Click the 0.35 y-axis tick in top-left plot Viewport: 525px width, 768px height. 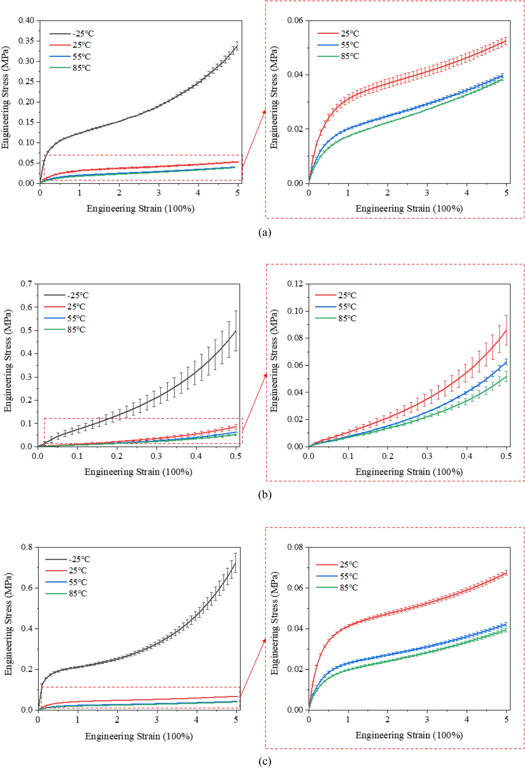[x=26, y=41]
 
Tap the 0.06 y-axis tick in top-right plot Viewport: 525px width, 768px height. [x=295, y=20]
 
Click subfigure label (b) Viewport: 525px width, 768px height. [x=265, y=495]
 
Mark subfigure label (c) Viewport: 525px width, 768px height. [x=265, y=761]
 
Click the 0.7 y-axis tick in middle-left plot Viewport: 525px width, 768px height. [x=26, y=284]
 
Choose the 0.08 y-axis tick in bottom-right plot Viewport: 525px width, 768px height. [x=295, y=547]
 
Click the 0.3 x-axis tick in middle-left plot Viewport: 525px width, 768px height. [x=156, y=457]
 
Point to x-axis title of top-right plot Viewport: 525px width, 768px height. [x=409, y=208]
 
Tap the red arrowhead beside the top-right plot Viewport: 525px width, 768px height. [x=264, y=112]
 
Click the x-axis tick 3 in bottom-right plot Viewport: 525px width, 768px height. [x=427, y=720]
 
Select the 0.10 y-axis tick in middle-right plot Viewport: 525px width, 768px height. [x=295, y=311]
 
